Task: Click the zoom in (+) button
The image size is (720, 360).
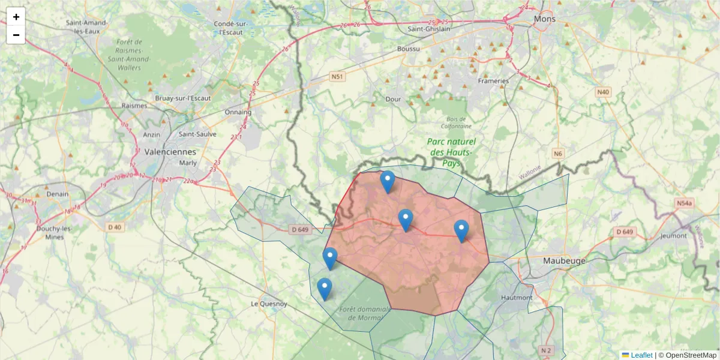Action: (16, 17)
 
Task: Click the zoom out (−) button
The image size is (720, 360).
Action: (16, 35)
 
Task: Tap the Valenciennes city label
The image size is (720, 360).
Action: (170, 151)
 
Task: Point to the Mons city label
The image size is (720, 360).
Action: (545, 19)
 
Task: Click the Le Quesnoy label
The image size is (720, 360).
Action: (269, 304)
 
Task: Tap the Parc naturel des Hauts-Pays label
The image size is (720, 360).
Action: (451, 152)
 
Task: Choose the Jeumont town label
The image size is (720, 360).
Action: (673, 235)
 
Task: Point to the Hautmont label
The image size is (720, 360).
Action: (516, 297)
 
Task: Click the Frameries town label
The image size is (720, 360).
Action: (493, 80)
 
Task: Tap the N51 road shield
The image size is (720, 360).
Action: (338, 77)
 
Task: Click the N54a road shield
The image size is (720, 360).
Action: (684, 203)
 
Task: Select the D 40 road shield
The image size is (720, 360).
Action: (114, 227)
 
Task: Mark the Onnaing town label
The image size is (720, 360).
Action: (238, 112)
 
